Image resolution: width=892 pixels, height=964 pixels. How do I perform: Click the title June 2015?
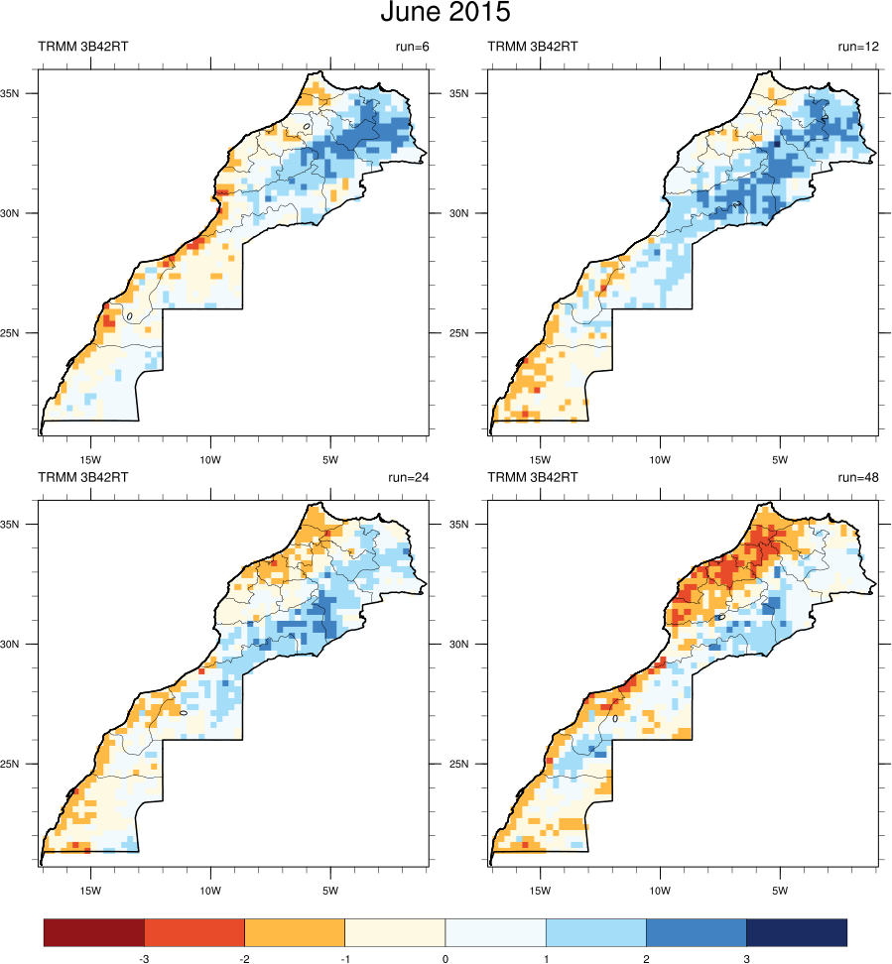pyautogui.click(x=446, y=14)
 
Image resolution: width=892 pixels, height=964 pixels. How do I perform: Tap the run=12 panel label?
pyautogui.click(x=858, y=46)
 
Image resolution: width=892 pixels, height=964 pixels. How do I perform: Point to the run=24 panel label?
pyautogui.click(x=406, y=477)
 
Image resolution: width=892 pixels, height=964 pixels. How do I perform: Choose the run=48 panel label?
pyautogui.click(x=858, y=477)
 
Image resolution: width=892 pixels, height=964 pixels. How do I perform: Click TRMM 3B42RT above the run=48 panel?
pyautogui.click(x=534, y=477)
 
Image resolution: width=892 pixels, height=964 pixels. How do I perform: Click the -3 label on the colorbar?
pyautogui.click(x=144, y=959)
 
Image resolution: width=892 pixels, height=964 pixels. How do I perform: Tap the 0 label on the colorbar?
pyautogui.click(x=445, y=959)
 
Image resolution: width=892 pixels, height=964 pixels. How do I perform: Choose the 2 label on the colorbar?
pyautogui.click(x=646, y=959)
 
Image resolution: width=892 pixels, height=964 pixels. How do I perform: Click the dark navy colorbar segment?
pyautogui.click(x=796, y=932)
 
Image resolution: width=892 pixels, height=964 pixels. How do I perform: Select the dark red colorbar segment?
pyautogui.click(x=94, y=932)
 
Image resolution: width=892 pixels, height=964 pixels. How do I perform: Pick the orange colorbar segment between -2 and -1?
pyautogui.click(x=295, y=932)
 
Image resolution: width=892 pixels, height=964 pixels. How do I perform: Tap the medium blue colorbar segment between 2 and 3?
pyautogui.click(x=696, y=932)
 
